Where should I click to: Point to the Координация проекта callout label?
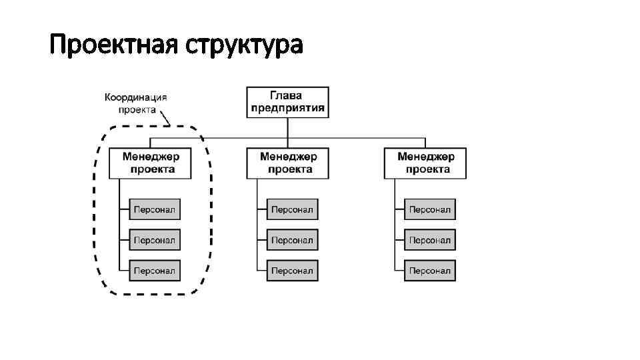pyautogui.click(x=136, y=103)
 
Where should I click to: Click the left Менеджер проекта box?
pyautogui.click(x=150, y=163)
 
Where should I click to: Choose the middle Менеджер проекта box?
pyautogui.click(x=288, y=163)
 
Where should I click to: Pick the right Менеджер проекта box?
pyautogui.click(x=425, y=163)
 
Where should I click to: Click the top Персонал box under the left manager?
pyautogui.click(x=155, y=209)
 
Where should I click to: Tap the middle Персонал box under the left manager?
pyautogui.click(x=155, y=239)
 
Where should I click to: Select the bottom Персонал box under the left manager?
pyautogui.click(x=155, y=270)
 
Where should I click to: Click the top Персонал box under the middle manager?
pyautogui.click(x=292, y=209)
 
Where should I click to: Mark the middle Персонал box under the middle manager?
pyautogui.click(x=292, y=239)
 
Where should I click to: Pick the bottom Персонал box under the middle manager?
pyautogui.click(x=292, y=270)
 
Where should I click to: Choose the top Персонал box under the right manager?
pyautogui.click(x=430, y=209)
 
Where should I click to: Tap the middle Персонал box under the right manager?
pyautogui.click(x=430, y=239)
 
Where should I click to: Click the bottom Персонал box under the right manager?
pyautogui.click(x=430, y=270)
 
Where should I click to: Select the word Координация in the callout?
pyautogui.click(x=136, y=97)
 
